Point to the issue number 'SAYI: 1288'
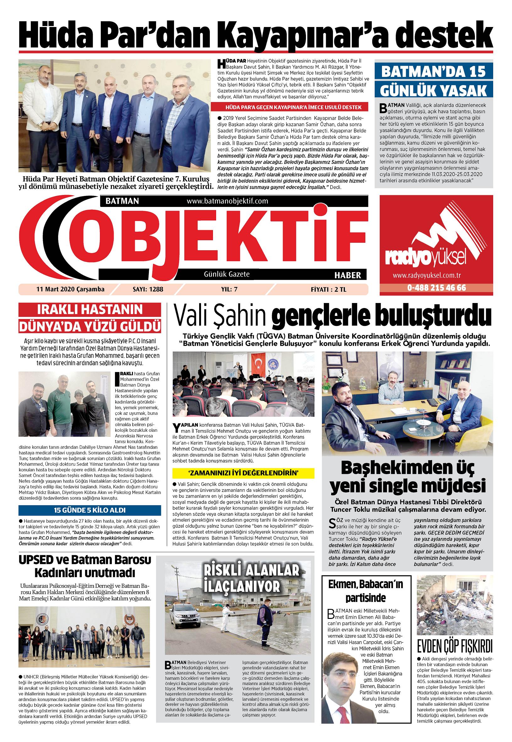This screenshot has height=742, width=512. pos(148,289)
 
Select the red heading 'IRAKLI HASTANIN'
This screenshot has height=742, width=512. pos(90,310)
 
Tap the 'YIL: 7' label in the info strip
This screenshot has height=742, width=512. pos(229,289)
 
